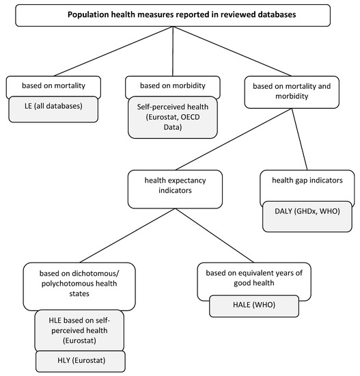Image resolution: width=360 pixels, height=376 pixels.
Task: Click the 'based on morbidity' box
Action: click(174, 88)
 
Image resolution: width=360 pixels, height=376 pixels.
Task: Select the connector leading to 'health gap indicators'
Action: click(294, 139)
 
